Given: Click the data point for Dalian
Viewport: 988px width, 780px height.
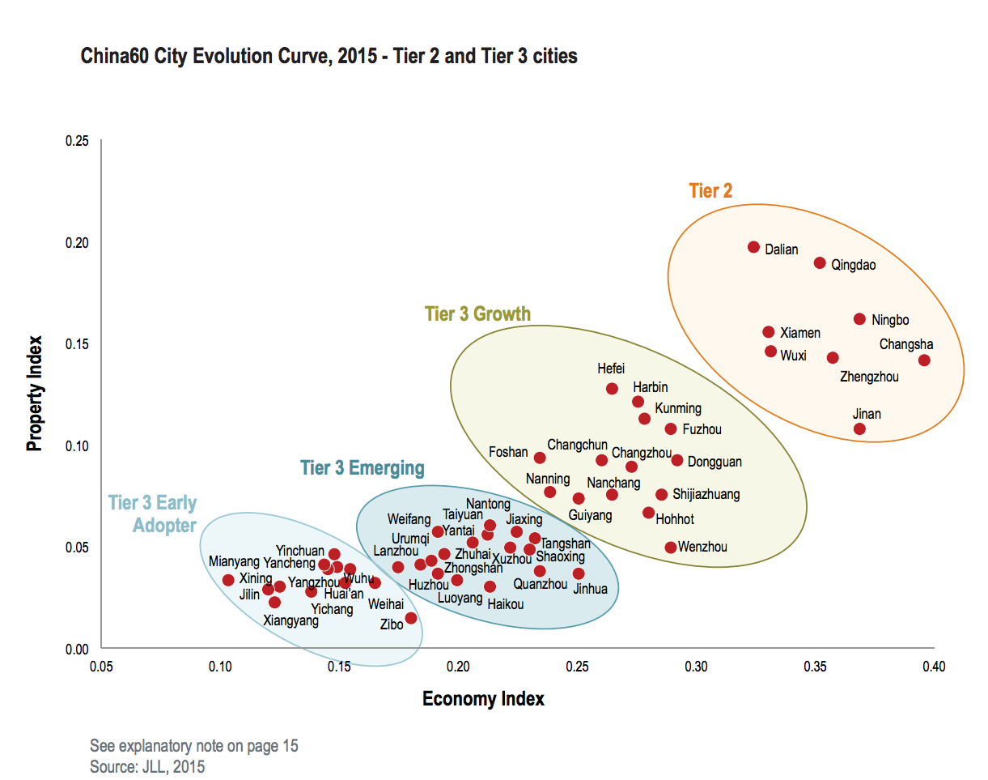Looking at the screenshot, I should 753,247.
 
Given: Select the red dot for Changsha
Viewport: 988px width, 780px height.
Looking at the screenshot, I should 924,360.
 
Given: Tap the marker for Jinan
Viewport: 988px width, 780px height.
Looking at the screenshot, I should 859,429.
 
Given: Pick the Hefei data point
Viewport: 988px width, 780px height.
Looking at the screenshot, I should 612,389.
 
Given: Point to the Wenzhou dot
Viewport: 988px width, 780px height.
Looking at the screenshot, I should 671,548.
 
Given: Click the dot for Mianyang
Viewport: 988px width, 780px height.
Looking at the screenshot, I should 228,580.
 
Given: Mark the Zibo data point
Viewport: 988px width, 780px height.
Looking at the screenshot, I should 411,618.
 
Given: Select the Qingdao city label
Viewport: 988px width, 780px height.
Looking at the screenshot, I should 853,265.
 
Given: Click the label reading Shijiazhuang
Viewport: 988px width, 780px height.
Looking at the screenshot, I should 706,494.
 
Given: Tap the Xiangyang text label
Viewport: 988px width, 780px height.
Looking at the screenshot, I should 291,621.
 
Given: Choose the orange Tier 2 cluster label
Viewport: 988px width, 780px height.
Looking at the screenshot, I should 710,191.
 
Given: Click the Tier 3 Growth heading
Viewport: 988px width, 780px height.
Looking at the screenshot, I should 477,314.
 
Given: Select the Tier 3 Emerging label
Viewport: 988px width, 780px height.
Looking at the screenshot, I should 362,468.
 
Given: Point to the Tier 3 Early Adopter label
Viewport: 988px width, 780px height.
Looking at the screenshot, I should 155,514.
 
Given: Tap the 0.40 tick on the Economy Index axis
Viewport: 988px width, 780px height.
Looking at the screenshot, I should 934,667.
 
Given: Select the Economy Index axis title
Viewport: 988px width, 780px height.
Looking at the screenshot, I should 483,699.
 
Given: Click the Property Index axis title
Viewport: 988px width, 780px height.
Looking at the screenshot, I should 35,394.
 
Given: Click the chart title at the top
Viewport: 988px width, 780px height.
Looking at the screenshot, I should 329,57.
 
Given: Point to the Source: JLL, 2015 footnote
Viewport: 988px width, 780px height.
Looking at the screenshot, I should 147,766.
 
